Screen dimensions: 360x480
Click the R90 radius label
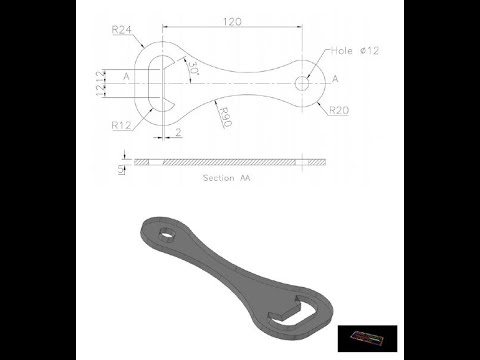click(225, 116)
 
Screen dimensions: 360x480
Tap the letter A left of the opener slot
click(126, 76)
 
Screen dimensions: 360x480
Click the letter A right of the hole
click(334, 78)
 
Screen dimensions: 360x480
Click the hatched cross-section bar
click(230, 161)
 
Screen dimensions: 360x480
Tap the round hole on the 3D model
click(167, 237)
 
